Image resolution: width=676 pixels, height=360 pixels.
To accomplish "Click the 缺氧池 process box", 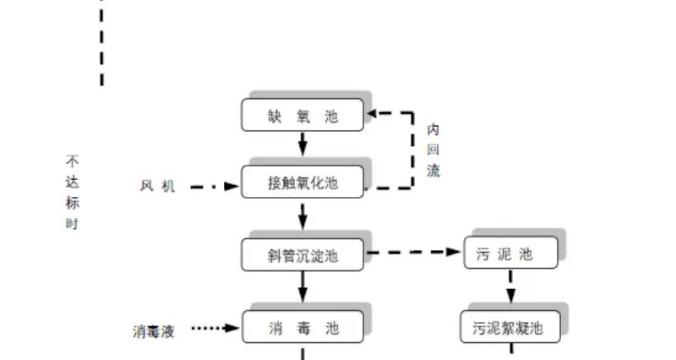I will [303, 116].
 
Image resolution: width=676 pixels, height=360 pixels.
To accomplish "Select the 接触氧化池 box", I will [303, 183].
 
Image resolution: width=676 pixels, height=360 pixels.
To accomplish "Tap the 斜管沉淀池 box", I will [303, 254].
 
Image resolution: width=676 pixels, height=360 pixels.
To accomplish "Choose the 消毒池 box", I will [303, 327].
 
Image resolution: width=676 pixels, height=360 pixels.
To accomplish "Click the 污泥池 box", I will [510, 253].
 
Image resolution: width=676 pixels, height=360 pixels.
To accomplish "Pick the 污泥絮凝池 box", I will [510, 327].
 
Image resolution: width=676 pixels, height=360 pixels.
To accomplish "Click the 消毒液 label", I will [153, 330].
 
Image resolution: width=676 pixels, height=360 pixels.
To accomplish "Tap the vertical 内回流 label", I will [433, 150].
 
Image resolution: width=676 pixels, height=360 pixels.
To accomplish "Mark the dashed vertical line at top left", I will [102, 42].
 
